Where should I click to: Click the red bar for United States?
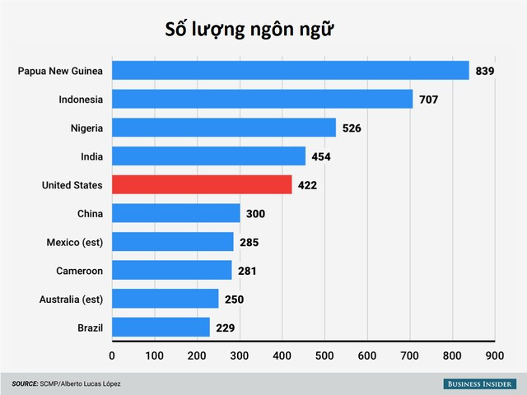(x=202, y=184)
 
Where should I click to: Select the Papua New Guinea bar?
(x=290, y=71)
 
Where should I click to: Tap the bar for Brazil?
(x=161, y=327)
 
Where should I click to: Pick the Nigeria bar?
(x=224, y=128)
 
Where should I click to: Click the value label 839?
(x=484, y=72)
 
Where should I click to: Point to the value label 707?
(x=428, y=100)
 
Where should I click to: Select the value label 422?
(x=307, y=185)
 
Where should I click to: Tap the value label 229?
(x=226, y=328)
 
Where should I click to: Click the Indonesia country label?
(x=81, y=100)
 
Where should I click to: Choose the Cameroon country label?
(x=79, y=271)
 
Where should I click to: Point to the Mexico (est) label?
(x=75, y=242)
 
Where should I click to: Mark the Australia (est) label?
(x=71, y=299)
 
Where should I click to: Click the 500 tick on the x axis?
(x=324, y=356)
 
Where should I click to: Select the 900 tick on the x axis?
(x=494, y=356)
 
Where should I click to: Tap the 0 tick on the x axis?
(x=112, y=356)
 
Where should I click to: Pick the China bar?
(x=176, y=213)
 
